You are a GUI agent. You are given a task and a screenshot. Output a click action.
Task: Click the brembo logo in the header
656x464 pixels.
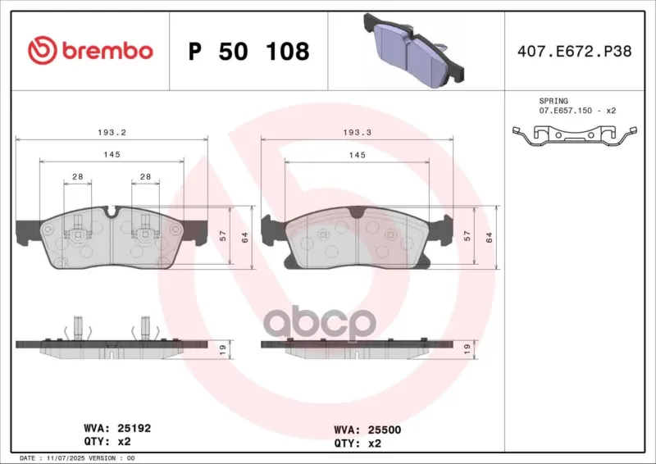pos(90,50)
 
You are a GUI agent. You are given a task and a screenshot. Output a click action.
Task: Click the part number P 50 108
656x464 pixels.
pos(249,51)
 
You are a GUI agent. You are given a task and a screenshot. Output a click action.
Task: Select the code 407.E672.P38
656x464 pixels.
pos(575,51)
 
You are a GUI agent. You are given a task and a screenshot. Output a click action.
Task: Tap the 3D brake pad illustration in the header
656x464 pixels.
pos(414,50)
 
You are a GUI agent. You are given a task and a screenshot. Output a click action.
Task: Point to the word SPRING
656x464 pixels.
pos(553,101)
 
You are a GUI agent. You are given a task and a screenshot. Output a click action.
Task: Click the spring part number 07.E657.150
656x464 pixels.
pos(565,111)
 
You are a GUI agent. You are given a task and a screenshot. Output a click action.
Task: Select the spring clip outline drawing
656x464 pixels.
pos(575,135)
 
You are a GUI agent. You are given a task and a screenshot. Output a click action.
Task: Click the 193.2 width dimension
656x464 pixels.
pos(112,132)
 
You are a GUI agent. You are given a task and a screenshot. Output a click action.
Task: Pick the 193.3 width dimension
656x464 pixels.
pos(357,132)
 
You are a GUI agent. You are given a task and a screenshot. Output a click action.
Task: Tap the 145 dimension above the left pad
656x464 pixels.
pos(112,154)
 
